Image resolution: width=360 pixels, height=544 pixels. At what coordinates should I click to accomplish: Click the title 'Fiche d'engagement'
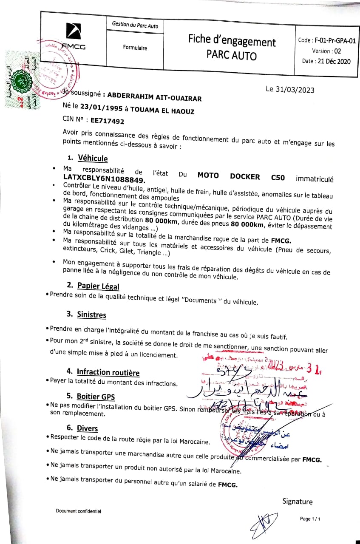pyautogui.click(x=232, y=41)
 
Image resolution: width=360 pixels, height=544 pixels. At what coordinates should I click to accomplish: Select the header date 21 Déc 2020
pyautogui.click(x=332, y=61)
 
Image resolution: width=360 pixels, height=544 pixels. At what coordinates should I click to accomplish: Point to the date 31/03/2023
pyautogui.click(x=290, y=89)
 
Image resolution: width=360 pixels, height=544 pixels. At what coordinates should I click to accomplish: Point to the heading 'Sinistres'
pyautogui.click(x=91, y=314)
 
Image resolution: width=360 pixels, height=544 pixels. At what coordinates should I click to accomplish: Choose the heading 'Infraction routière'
pyautogui.click(x=108, y=372)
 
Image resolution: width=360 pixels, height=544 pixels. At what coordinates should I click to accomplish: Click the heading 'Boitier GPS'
pyautogui.click(x=96, y=397)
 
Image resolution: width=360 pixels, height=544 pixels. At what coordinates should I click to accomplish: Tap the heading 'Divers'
pyautogui.click(x=87, y=428)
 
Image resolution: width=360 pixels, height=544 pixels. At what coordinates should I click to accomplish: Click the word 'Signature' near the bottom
pyautogui.click(x=297, y=501)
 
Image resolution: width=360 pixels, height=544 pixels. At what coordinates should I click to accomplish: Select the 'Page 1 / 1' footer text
pyautogui.click(x=310, y=519)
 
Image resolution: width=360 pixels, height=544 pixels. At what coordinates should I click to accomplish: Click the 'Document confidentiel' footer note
pyautogui.click(x=78, y=511)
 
